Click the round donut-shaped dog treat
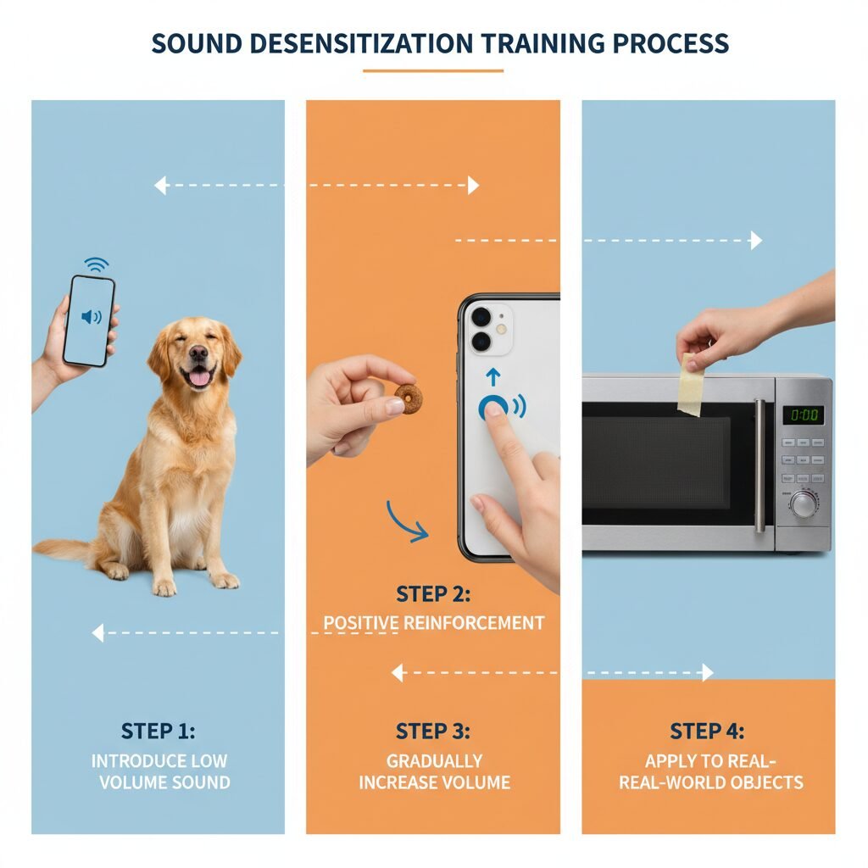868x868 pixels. pyautogui.click(x=409, y=398)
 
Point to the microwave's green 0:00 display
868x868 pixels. pyautogui.click(x=804, y=415)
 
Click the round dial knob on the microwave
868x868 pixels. pyautogui.click(x=803, y=504)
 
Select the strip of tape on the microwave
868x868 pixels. pyautogui.click(x=691, y=384)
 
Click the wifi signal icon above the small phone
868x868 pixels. pyautogui.click(x=97, y=264)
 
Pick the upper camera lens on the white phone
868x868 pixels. pyautogui.click(x=481, y=317)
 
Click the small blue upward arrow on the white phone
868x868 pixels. pyautogui.click(x=492, y=377)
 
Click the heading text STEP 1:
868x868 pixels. pyautogui.click(x=159, y=732)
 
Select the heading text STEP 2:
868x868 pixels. pyautogui.click(x=433, y=594)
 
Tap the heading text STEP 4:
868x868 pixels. pyautogui.click(x=707, y=732)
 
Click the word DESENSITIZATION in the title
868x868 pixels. pyautogui.click(x=361, y=44)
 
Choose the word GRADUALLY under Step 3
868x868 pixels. pyautogui.click(x=435, y=761)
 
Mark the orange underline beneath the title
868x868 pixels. pyautogui.click(x=433, y=71)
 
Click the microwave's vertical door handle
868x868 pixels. pyautogui.click(x=760, y=465)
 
